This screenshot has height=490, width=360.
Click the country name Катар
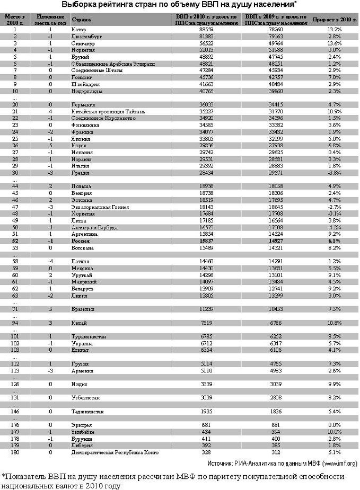(x=78, y=30)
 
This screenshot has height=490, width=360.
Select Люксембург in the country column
(x=85, y=37)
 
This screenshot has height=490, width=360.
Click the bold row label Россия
(x=80, y=240)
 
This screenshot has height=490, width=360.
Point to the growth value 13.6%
(x=335, y=43)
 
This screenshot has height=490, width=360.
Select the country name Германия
(x=83, y=105)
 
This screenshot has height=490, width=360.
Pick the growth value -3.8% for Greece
(x=335, y=173)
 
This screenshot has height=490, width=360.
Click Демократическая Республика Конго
(x=115, y=452)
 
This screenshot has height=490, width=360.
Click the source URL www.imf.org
(x=337, y=462)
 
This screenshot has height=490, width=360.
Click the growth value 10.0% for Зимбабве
(x=335, y=432)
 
